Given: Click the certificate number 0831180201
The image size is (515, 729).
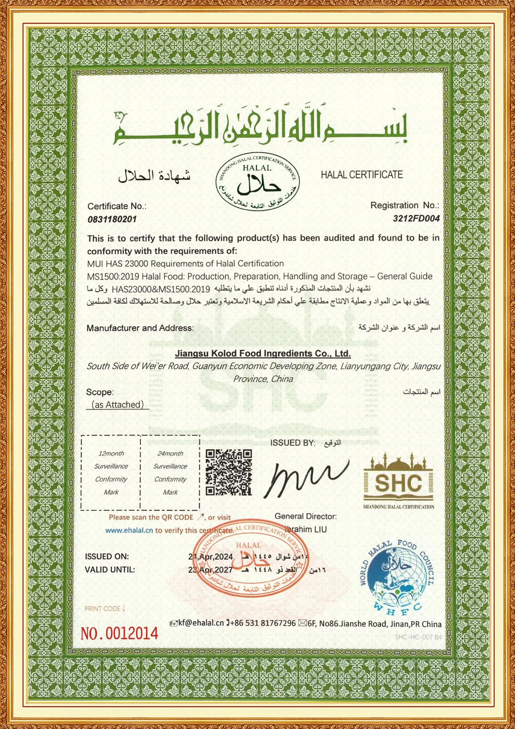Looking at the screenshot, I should [112, 219].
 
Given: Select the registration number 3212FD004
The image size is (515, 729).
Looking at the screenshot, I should [416, 219].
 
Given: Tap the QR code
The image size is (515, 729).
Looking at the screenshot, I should [228, 472].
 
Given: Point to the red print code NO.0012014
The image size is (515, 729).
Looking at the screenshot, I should [119, 633].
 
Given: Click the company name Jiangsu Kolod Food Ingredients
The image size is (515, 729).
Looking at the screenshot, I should [263, 353].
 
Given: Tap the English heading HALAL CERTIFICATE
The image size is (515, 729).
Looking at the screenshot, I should [362, 175].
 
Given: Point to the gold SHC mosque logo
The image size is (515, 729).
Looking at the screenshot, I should [398, 480].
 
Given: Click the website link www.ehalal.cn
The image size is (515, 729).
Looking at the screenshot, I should [129, 530].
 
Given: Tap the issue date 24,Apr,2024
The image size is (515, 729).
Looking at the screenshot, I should [211, 557].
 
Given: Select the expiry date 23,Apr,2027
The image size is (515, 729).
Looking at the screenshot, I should [211, 570].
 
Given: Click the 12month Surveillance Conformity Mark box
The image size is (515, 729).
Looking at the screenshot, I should [111, 472].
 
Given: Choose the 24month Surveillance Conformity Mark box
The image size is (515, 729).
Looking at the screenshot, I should [170, 472].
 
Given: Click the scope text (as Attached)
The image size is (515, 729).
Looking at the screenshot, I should [118, 404].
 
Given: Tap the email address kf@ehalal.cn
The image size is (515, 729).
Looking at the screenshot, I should [200, 623].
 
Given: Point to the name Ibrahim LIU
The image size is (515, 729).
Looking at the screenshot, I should [306, 529].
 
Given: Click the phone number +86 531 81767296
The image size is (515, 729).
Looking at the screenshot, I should [263, 623].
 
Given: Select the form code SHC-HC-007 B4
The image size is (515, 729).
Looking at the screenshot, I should [418, 637].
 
